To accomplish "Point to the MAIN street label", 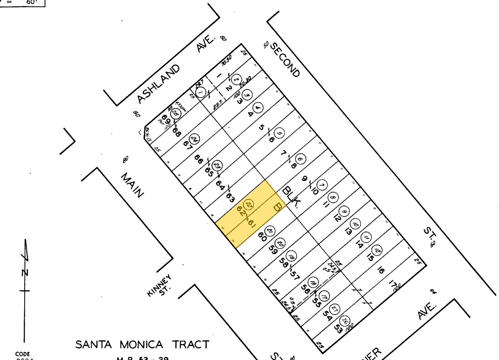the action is click(132, 184).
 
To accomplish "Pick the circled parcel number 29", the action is click(218, 166).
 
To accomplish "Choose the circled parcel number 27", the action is click(335, 309).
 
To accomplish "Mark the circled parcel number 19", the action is click(291, 257).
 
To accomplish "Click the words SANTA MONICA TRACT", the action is click(142, 344).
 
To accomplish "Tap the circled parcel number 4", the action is click(257, 108).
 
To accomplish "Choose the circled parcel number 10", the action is click(355, 224).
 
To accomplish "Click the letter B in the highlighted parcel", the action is click(277, 207).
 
